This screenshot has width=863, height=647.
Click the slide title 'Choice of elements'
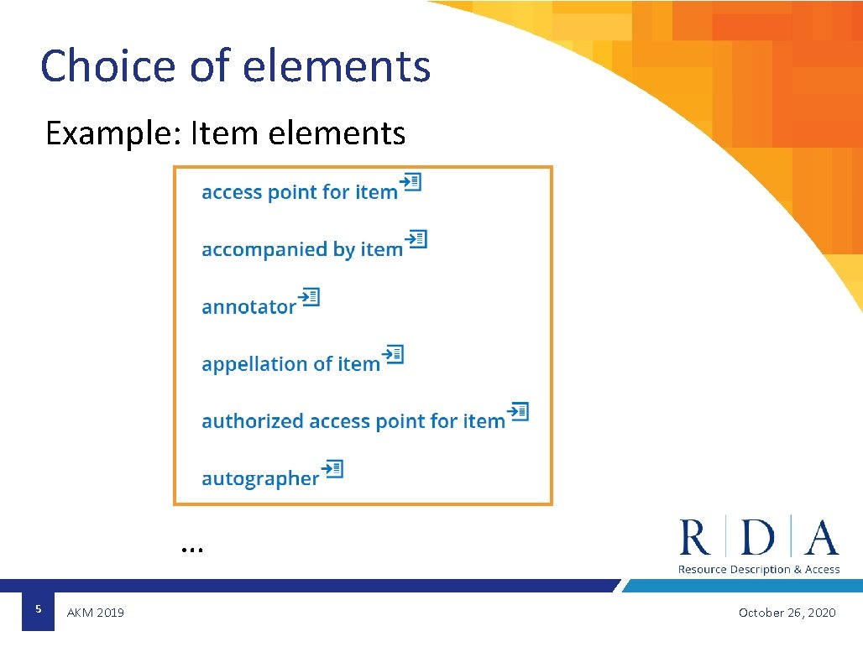point(235,66)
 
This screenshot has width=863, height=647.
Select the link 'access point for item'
point(299,192)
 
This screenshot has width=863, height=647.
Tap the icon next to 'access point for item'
point(411,182)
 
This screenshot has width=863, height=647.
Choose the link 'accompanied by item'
point(301,249)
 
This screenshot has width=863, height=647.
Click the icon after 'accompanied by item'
point(416,239)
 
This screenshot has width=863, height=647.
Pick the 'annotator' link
point(248,307)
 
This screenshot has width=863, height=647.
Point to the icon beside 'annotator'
point(310,297)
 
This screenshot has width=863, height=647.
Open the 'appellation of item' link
point(290,364)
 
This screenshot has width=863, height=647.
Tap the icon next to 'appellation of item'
point(393,354)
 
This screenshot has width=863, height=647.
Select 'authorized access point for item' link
point(353,421)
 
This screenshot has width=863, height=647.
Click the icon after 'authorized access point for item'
point(519,411)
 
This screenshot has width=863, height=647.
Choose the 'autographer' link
point(260,478)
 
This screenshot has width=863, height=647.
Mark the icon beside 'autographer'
point(333,468)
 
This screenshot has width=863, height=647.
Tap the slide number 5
point(38,608)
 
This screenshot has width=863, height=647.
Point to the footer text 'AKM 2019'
point(95,613)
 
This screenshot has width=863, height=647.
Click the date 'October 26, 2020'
point(787,613)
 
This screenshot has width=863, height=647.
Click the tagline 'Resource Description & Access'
point(759,569)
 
